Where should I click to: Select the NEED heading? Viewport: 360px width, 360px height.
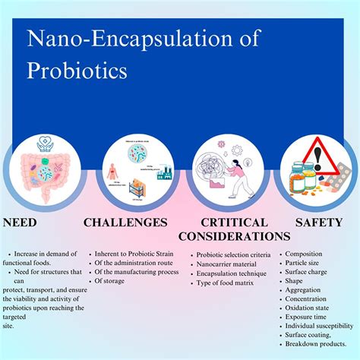[x=21, y=223]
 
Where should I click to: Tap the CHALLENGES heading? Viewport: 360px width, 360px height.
[x=125, y=223]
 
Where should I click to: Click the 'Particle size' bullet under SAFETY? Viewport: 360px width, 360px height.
[x=305, y=264]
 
